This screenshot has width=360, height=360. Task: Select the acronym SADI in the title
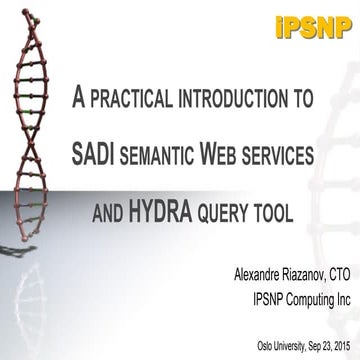pyautogui.click(x=96, y=155)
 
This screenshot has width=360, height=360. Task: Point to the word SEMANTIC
pyautogui.click(x=171, y=156)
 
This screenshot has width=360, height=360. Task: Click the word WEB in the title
pyautogui.click(x=233, y=155)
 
